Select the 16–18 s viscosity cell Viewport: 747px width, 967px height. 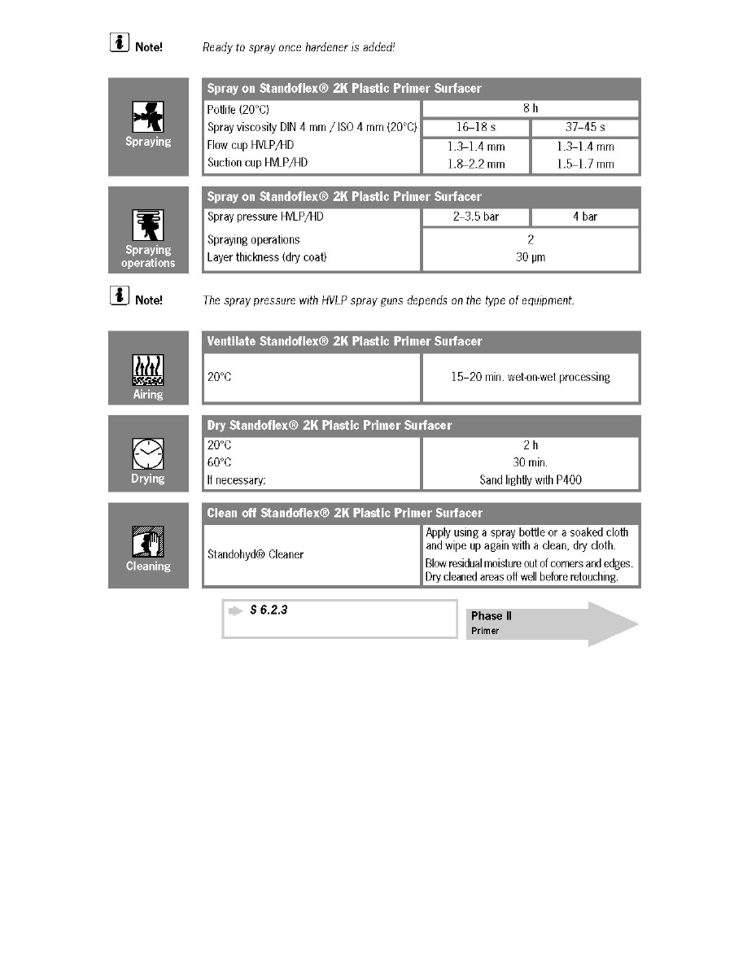(x=476, y=128)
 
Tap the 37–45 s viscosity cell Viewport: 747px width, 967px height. (x=584, y=128)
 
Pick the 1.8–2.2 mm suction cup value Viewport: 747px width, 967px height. (x=476, y=164)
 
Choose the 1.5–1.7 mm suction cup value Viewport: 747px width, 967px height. (x=584, y=164)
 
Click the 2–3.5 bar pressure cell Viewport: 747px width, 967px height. (x=476, y=217)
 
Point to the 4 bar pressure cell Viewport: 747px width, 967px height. (x=584, y=217)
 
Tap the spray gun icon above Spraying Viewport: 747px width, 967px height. (x=148, y=115)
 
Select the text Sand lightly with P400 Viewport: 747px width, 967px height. (x=531, y=480)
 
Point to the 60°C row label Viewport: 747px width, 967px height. (x=221, y=463)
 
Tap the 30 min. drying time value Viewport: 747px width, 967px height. (x=531, y=463)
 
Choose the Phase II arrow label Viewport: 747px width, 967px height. (x=491, y=616)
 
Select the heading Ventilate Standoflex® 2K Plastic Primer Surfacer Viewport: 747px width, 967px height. (x=344, y=342)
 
